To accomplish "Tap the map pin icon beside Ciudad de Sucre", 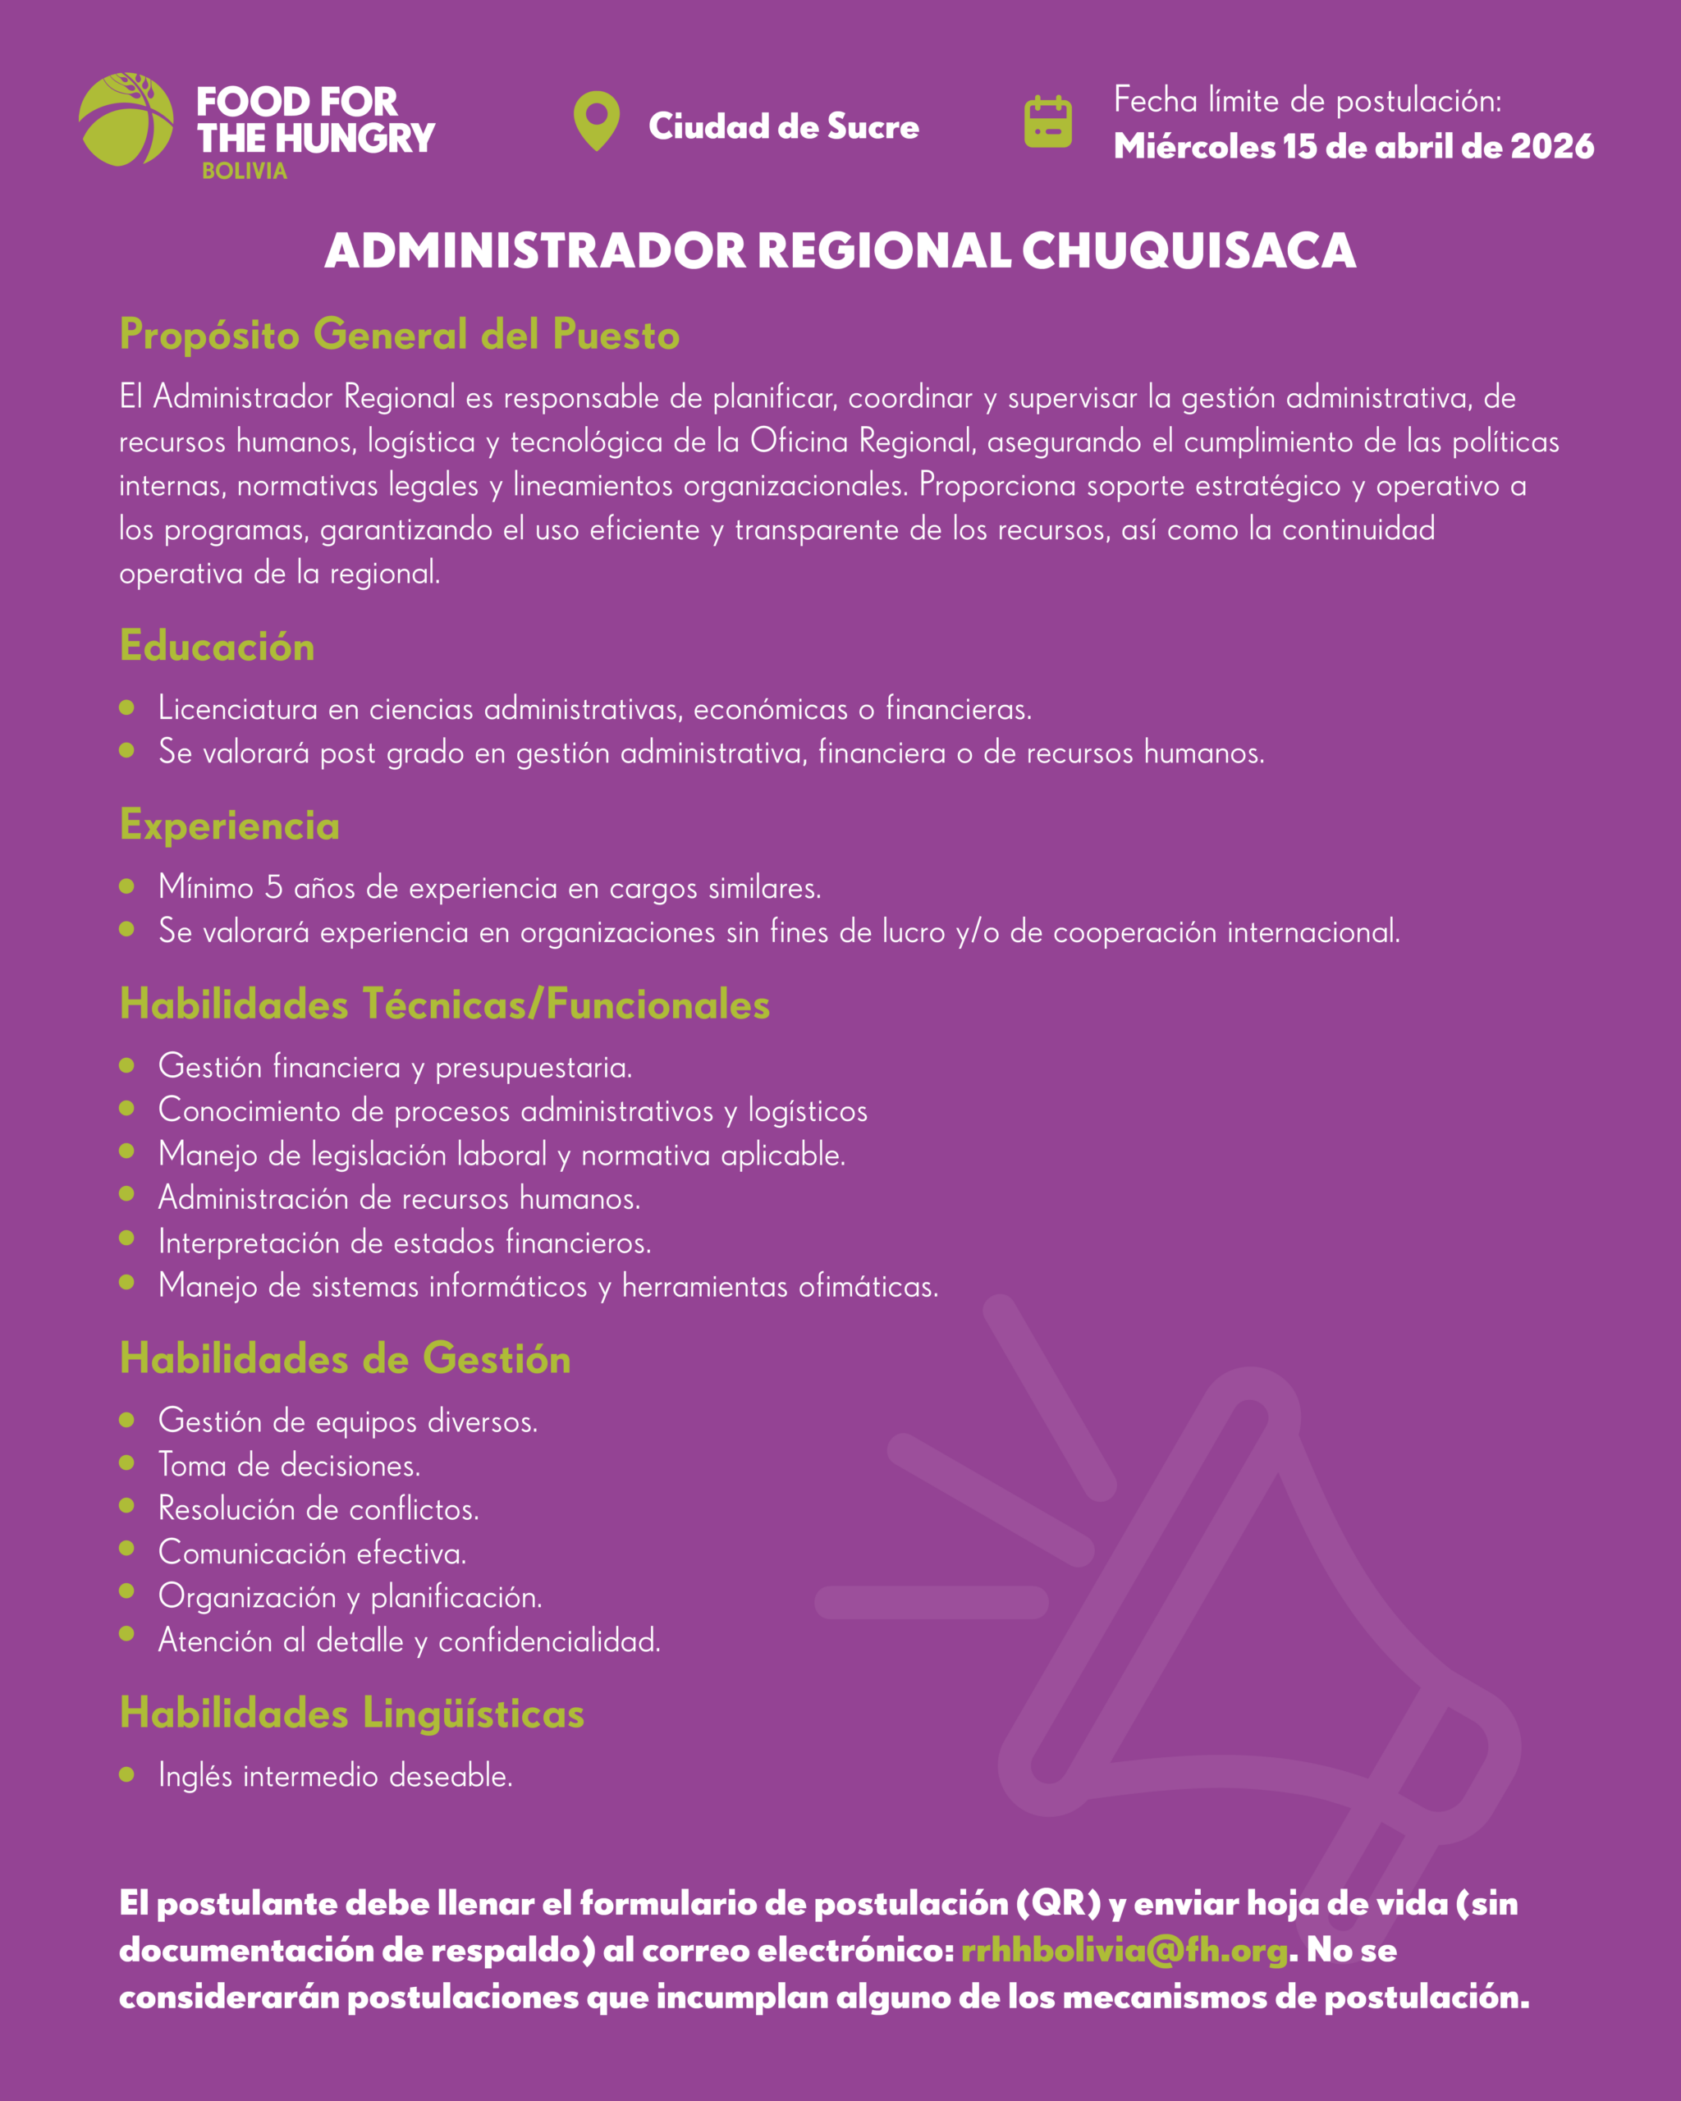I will coord(597,119).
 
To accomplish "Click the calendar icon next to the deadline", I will coord(1047,123).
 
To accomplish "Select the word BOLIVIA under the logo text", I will coord(245,171).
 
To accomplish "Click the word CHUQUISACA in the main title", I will coord(1188,250).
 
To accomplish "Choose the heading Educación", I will coord(217,646).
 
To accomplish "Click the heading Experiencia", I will coord(229,826).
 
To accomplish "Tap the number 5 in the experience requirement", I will coord(274,887).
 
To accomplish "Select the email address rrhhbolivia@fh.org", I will coord(1124,1950).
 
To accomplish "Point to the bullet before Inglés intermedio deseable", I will coord(126,1774).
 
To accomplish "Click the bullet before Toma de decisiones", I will coord(126,1462).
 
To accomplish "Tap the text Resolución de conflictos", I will coord(318,1508).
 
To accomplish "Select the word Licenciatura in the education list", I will coord(238,708).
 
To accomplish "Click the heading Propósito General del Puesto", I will coord(400,334).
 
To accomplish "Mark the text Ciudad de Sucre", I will coord(784,126).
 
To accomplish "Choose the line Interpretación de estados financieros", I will coord(405,1243).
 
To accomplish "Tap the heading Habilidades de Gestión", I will coord(345,1358).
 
